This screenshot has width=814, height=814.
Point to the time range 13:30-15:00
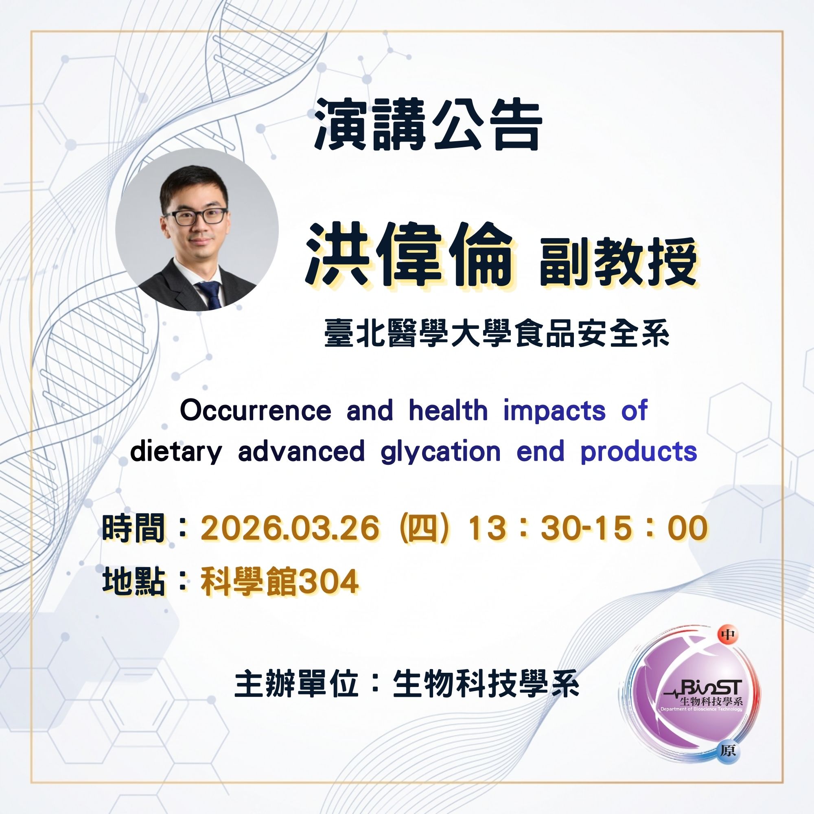pos(588,528)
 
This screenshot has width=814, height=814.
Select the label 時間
pos(133,528)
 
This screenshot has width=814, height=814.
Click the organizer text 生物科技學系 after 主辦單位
pos(486,685)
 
